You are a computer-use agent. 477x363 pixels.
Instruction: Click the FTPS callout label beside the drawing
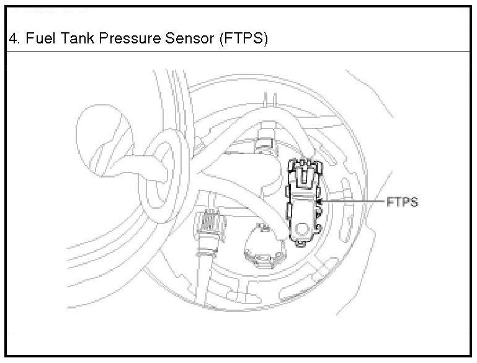[402, 202]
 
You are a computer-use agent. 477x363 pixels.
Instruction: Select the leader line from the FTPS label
[354, 202]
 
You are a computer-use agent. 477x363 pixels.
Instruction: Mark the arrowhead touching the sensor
[319, 202]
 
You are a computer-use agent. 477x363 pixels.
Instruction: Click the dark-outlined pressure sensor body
[303, 205]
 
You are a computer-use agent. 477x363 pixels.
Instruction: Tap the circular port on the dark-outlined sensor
[303, 230]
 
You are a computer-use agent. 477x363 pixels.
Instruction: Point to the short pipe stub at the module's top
[269, 99]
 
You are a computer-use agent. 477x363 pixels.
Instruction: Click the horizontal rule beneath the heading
[238, 51]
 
